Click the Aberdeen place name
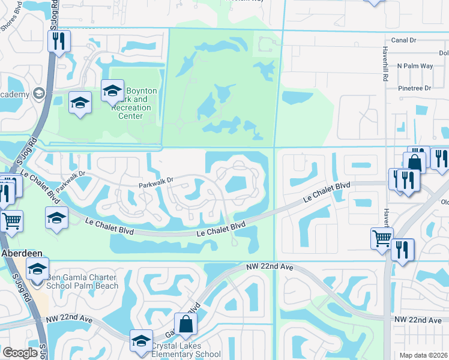pyautogui.click(x=20, y=253)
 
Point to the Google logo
pyautogui.click(x=20, y=353)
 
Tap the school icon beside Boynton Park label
pyautogui.click(x=112, y=92)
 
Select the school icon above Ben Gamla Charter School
pyautogui.click(x=37, y=269)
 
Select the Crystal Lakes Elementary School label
pyautogui.click(x=185, y=350)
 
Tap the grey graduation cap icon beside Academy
pyautogui.click(x=39, y=94)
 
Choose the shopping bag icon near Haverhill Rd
pyautogui.click(x=414, y=162)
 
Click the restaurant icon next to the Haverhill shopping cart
pyautogui.click(x=403, y=250)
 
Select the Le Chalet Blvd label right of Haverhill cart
pyautogui.click(x=327, y=191)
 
